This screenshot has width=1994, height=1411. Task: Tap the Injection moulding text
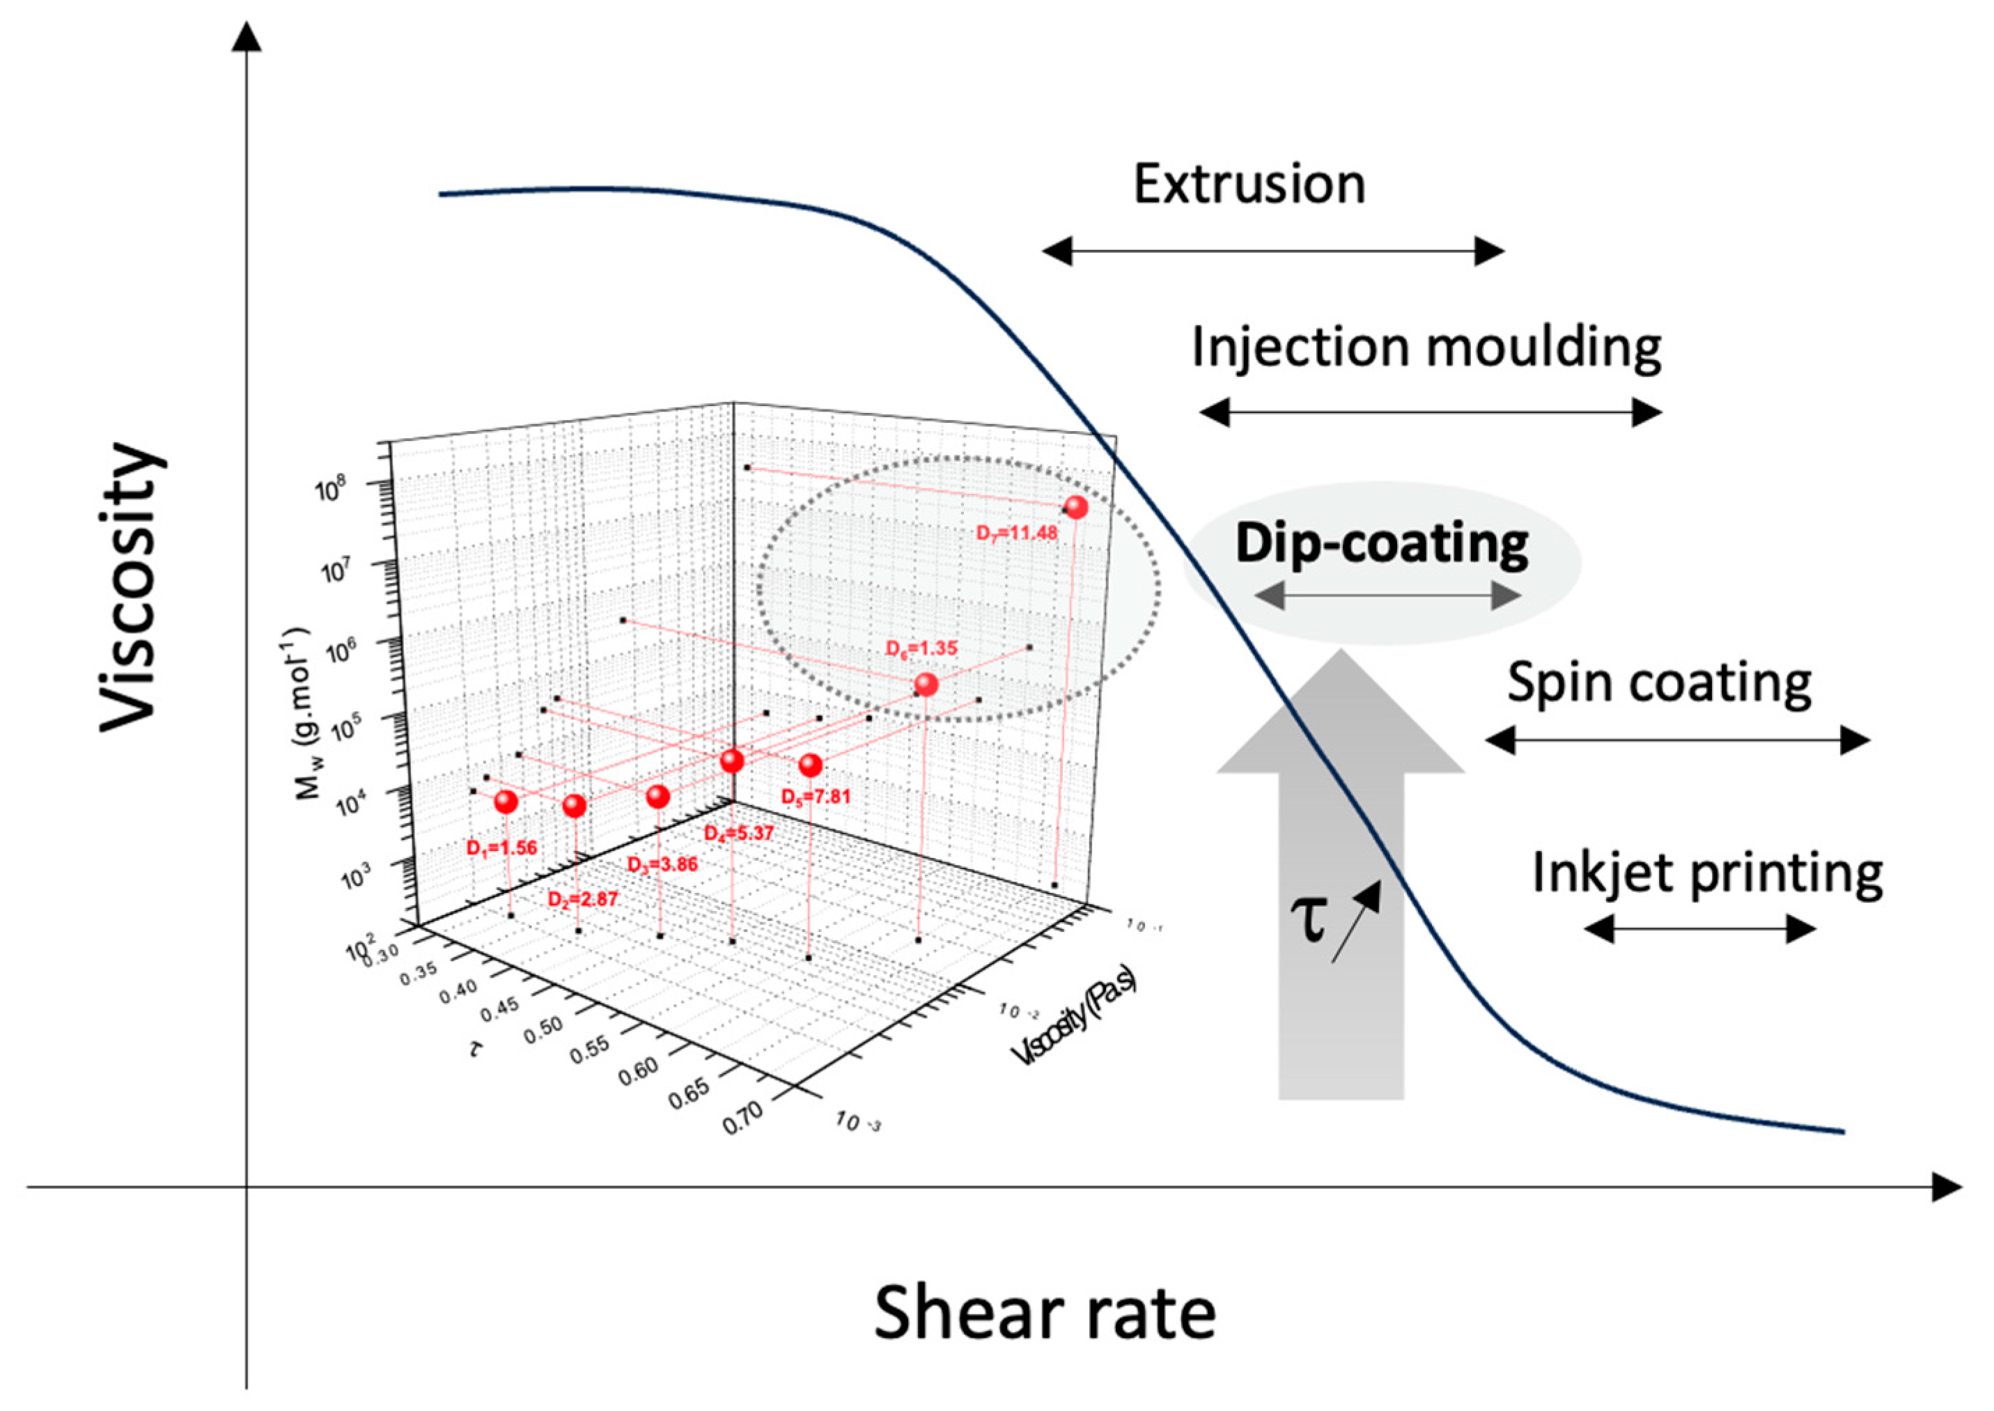(x=1426, y=348)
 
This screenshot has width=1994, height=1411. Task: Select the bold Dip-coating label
(x=1382, y=545)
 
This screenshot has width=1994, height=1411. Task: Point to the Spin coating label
(x=1658, y=683)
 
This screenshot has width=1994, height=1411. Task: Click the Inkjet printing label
(x=1706, y=873)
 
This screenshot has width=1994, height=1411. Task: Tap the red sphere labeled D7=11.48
(x=1075, y=508)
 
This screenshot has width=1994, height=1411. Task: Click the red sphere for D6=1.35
(x=926, y=685)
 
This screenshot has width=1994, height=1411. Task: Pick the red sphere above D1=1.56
(x=506, y=802)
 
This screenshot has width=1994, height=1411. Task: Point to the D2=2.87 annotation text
(x=582, y=899)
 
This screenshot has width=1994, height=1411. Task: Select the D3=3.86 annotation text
(x=662, y=864)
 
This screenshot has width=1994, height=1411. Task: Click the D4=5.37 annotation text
(x=738, y=833)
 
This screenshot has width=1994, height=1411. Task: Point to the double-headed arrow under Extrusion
(x=1273, y=252)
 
